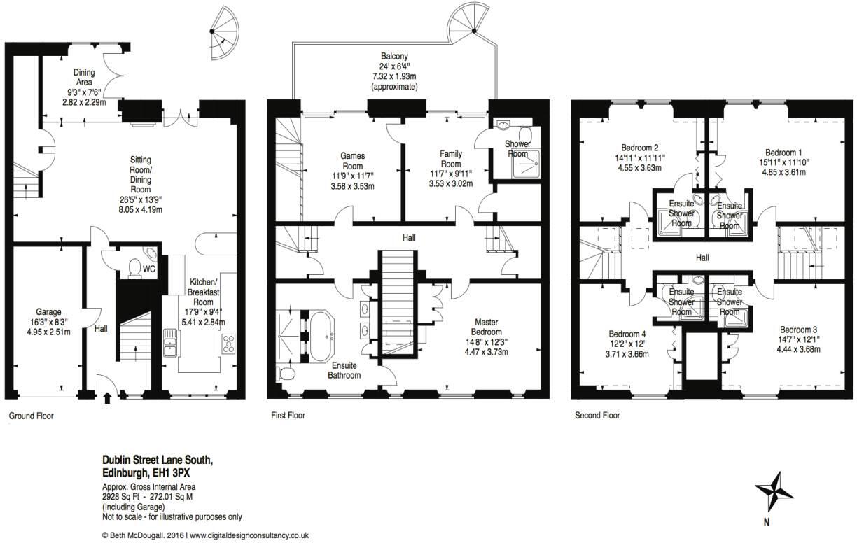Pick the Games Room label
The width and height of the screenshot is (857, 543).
click(x=352, y=156)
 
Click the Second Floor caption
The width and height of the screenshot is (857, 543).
click(x=597, y=416)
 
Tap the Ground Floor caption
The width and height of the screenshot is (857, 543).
click(x=31, y=416)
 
